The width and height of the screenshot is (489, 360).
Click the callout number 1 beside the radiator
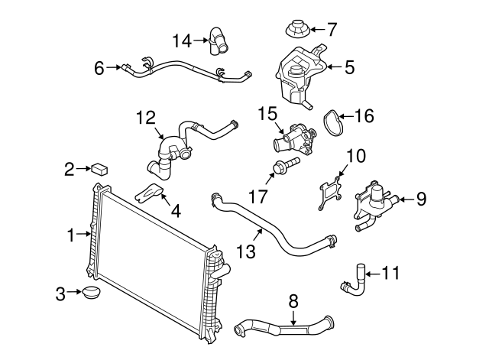71,235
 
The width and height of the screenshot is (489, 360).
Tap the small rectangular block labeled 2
99,170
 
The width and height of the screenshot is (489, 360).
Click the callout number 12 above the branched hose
146,118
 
